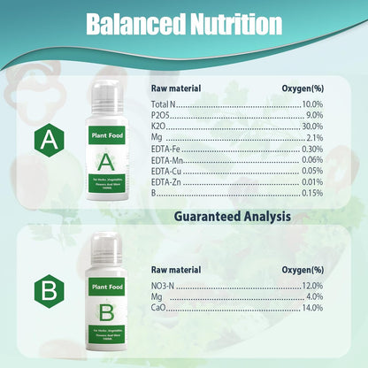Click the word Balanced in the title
coord(131,25)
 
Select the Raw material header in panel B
coord(176,269)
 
